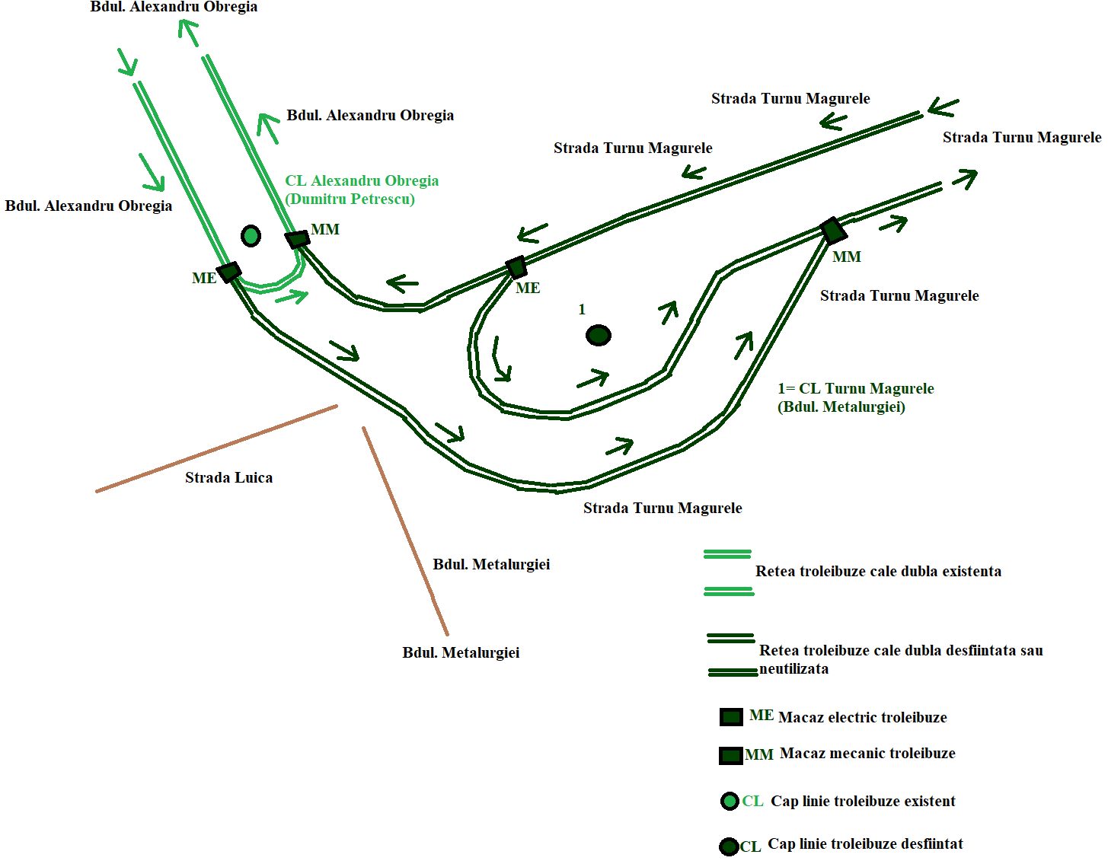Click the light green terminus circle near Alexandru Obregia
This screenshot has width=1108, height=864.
click(x=251, y=236)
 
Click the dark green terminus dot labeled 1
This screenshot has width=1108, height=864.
click(x=599, y=336)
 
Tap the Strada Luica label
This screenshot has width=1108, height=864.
click(x=229, y=477)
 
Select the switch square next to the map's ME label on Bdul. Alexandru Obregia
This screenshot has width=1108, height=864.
click(x=229, y=271)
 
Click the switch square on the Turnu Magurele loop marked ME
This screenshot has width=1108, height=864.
click(x=516, y=267)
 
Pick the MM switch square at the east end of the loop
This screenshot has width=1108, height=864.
click(x=834, y=231)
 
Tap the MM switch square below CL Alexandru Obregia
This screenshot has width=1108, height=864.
click(x=297, y=239)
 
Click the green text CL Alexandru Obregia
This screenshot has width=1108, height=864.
click(x=362, y=181)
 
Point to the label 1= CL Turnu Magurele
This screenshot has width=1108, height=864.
click(x=856, y=388)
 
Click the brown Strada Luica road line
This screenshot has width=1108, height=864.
click(x=217, y=448)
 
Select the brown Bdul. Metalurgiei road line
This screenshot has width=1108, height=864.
click(x=405, y=531)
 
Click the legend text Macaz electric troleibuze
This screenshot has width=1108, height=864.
click(x=862, y=718)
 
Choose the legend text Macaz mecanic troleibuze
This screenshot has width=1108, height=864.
click(x=867, y=754)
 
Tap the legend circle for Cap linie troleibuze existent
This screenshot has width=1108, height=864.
click(x=730, y=802)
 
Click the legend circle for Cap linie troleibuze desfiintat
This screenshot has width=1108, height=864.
click(x=730, y=846)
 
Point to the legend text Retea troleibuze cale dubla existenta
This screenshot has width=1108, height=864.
click(x=878, y=572)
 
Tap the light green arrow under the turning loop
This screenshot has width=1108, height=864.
click(x=292, y=296)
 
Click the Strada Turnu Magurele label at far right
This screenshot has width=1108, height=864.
click(x=1022, y=138)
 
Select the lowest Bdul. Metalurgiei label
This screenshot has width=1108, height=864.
click(x=461, y=653)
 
